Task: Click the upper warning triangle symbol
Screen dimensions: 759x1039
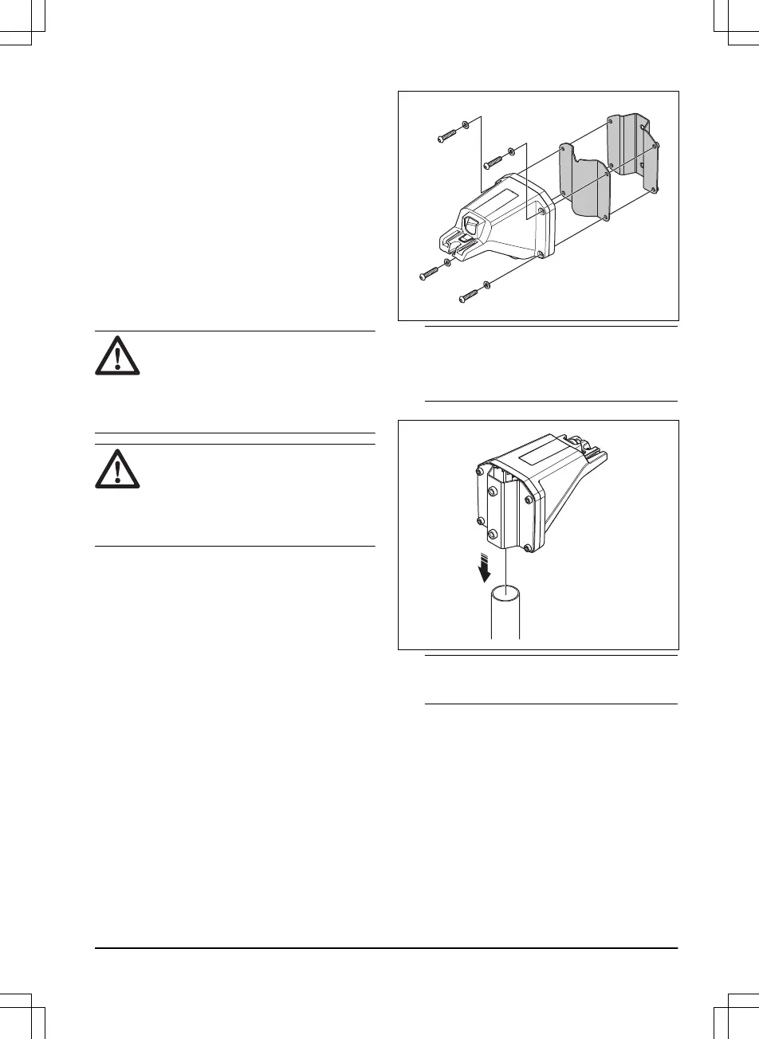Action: click(x=117, y=354)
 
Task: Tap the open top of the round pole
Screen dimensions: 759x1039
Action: click(x=505, y=594)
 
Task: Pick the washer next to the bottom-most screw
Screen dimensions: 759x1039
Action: click(x=486, y=284)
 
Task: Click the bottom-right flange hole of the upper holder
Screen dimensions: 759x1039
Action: click(x=541, y=254)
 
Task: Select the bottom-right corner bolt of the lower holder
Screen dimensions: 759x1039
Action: click(x=528, y=547)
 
